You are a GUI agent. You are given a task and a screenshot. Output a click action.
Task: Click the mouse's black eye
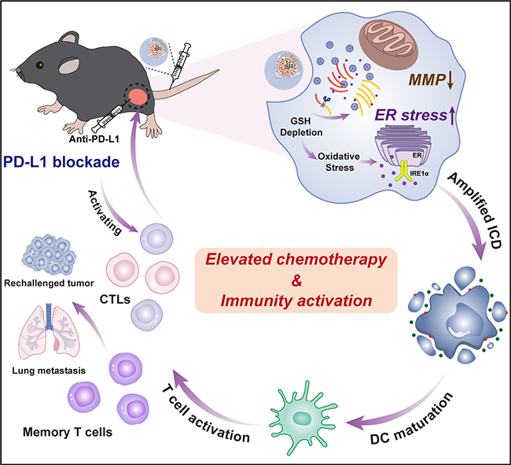click(x=39, y=65)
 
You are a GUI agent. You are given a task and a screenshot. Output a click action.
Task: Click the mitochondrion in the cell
click(x=388, y=44)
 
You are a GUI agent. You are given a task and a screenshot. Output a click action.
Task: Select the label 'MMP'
click(x=427, y=79)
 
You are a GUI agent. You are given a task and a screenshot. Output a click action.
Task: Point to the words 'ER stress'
click(x=411, y=115)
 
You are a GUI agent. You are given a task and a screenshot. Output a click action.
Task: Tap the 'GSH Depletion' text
click(x=301, y=127)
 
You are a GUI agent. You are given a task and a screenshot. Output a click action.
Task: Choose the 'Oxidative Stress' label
click(x=339, y=162)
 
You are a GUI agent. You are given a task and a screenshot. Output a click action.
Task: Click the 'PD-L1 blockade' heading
click(x=61, y=162)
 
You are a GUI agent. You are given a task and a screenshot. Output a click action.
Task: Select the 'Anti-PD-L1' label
click(x=94, y=139)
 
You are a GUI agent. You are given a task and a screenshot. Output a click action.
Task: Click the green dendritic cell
click(x=303, y=418)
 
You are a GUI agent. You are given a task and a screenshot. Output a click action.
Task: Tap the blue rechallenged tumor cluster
click(x=49, y=254)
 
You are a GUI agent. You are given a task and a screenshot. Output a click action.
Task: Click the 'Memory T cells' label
click(x=68, y=432)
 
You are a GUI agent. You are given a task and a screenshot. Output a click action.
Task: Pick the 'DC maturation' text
click(x=412, y=418)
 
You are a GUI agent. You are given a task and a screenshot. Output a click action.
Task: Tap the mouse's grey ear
click(x=69, y=65)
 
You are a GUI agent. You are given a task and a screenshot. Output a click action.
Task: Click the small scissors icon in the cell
click(x=325, y=101)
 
